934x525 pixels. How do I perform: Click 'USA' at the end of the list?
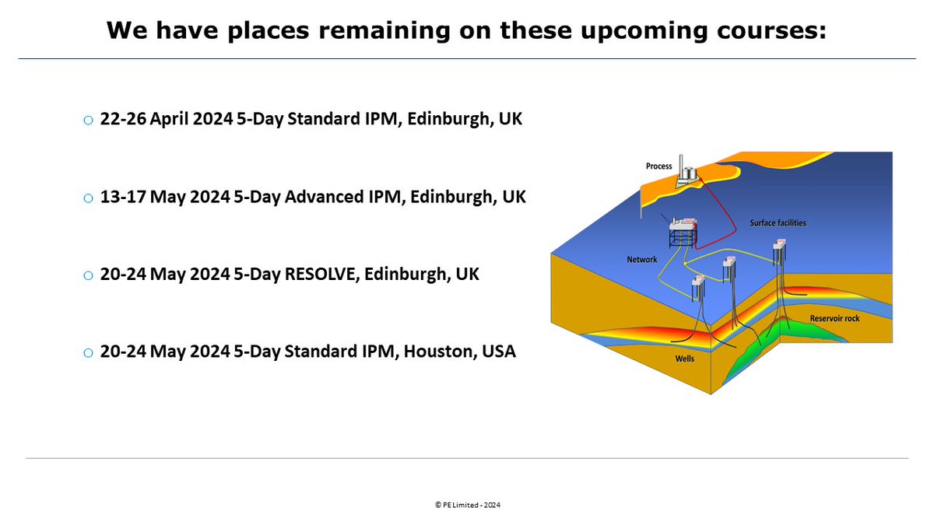pyautogui.click(x=498, y=352)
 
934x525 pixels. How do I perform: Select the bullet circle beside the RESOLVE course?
pyautogui.click(x=88, y=275)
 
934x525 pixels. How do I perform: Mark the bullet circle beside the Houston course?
pyautogui.click(x=88, y=353)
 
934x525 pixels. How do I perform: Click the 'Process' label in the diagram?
pyautogui.click(x=658, y=166)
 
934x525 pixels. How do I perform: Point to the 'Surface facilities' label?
pyautogui.click(x=778, y=223)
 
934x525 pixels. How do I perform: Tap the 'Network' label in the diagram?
pyautogui.click(x=642, y=259)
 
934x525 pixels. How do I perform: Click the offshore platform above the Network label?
pyautogui.click(x=684, y=233)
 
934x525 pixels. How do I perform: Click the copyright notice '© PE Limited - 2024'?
pyautogui.click(x=467, y=505)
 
